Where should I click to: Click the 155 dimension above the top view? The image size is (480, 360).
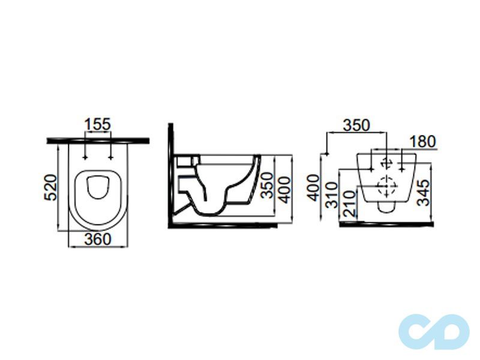tap(97, 124)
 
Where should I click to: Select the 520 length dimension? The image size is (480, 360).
tap(51, 187)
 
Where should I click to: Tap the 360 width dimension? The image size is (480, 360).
tap(98, 239)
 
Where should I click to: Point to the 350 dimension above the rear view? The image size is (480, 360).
tap(356, 125)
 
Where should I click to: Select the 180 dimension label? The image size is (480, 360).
tap(422, 142)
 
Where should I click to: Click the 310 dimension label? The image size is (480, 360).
tap(332, 195)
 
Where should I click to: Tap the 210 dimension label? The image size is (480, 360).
tap(349, 203)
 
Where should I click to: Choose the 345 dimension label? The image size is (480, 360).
tap(424, 193)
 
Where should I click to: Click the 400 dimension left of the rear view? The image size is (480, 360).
tap(313, 188)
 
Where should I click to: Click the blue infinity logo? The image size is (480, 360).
tap(434, 332)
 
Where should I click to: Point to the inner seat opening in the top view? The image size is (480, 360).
tap(98, 187)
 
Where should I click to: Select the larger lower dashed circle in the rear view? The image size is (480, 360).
tap(386, 186)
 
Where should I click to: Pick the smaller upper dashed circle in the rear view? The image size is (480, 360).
tap(387, 162)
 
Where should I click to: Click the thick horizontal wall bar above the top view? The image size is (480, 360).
tap(98, 141)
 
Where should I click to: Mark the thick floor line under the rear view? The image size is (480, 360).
tap(387, 224)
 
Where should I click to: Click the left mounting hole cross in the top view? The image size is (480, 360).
tap(85, 158)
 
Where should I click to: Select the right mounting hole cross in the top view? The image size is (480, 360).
tap(110, 158)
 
